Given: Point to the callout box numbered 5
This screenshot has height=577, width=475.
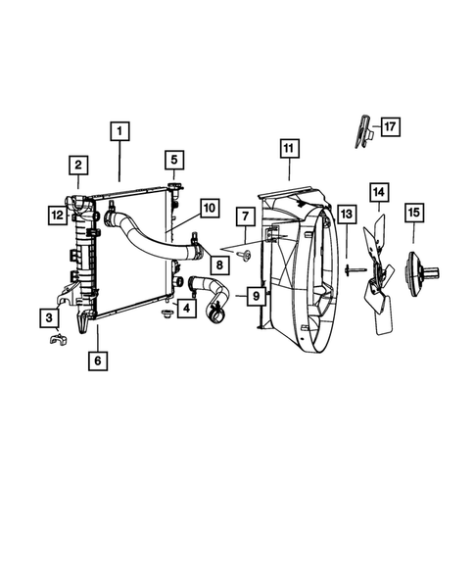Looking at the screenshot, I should point(172,160).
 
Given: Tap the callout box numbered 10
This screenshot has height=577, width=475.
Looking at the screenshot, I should point(208,208).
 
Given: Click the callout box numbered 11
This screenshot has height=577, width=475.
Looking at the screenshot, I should point(288,150).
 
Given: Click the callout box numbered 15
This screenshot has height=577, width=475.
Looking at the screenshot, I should point(413,211).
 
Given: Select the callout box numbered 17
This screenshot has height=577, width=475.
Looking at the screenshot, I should point(390,126).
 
